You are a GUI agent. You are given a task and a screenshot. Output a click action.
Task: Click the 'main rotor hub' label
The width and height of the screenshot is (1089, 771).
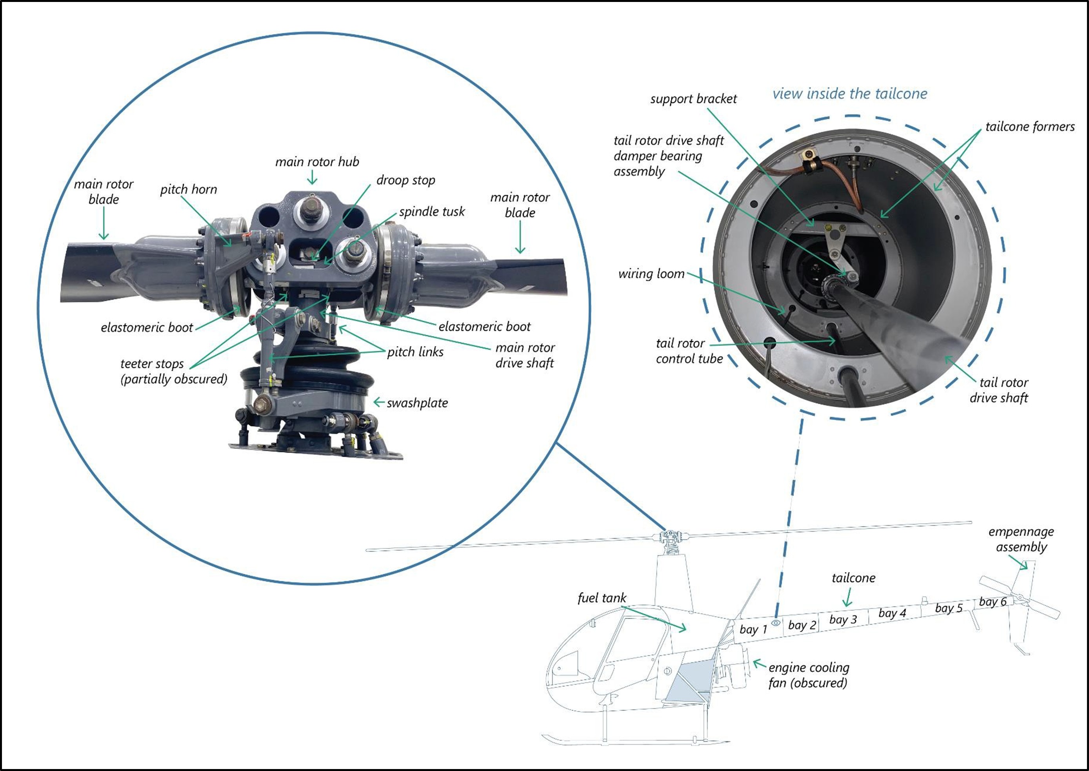pos(317,162)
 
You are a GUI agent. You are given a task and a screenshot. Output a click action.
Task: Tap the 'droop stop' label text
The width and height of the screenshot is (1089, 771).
pos(405,180)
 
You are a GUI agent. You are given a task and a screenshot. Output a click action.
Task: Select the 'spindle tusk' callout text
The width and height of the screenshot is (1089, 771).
pos(432,212)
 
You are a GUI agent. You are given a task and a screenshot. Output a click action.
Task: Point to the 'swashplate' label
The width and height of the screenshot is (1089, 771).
pos(417,403)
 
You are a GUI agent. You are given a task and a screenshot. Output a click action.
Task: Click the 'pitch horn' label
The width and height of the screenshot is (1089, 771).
pos(189,189)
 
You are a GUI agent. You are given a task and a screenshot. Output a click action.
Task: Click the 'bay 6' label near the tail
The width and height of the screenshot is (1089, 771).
pos(993,602)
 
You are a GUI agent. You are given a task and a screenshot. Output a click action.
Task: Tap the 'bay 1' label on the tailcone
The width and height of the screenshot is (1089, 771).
pos(753,629)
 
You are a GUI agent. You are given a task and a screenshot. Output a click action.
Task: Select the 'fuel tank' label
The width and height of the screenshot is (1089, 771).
pos(602,598)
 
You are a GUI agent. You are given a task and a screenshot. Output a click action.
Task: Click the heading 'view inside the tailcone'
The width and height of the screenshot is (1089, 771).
pos(850,94)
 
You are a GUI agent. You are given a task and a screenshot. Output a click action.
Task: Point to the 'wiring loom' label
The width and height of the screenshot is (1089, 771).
pos(651,274)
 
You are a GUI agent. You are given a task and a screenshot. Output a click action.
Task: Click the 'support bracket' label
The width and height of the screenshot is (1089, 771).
pos(693,99)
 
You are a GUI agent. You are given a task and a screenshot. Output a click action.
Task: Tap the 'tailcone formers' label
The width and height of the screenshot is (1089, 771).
pos(1030,127)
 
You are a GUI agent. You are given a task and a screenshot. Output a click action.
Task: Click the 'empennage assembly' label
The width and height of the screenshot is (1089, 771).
pos(1021,539)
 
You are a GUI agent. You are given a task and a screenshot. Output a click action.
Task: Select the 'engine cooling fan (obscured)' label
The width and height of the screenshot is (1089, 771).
pos(809,675)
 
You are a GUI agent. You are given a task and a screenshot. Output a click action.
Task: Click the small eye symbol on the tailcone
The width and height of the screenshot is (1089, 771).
pos(776,622)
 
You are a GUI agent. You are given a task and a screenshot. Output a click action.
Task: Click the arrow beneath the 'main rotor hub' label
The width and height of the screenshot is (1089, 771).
pos(312,178)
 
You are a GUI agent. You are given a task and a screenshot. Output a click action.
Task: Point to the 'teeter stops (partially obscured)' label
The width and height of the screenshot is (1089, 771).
pos(173,371)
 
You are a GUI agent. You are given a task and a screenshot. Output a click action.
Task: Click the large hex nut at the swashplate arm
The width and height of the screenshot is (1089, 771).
pos(262,405)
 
